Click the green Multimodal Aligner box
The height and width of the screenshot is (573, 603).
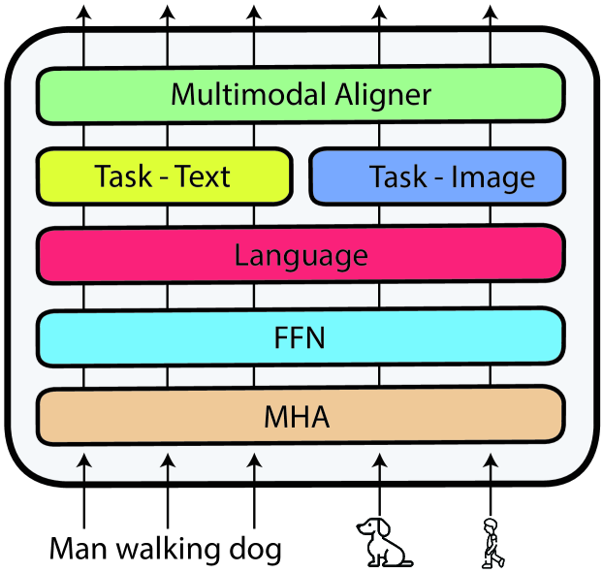[x=301, y=95]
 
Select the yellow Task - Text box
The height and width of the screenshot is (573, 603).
[x=163, y=176]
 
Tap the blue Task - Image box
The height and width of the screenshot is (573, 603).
[x=436, y=176]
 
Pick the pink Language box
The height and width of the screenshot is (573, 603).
[x=301, y=255]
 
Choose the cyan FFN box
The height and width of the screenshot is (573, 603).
[x=301, y=337]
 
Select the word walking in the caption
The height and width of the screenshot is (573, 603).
[x=169, y=550]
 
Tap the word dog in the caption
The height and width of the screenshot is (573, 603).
[x=254, y=550]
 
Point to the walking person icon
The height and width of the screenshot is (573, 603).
[x=492, y=543]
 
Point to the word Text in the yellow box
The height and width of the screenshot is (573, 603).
[x=200, y=176]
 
